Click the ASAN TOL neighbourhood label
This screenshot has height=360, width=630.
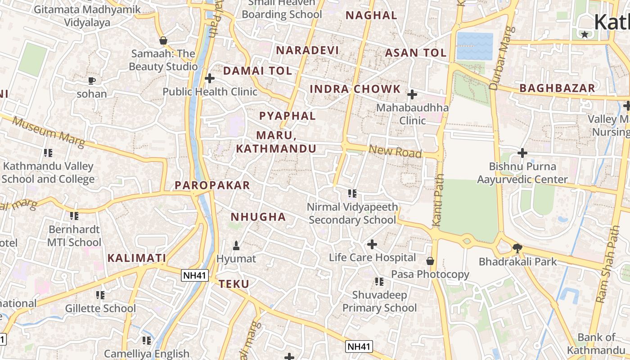tap(415, 53)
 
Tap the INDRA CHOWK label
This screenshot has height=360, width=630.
tap(355, 89)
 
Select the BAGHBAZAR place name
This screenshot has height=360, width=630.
tap(557, 88)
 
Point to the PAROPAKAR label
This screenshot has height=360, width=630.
tap(212, 185)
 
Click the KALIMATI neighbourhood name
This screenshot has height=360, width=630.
tap(137, 258)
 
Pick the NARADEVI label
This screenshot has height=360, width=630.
tap(307, 50)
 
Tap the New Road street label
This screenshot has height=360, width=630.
tap(395, 151)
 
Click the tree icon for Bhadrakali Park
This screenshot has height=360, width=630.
tap(517, 248)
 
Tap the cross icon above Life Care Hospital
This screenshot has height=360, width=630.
tap(372, 244)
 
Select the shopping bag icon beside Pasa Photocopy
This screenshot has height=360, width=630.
tap(430, 261)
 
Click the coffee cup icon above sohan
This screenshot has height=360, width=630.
tap(92, 81)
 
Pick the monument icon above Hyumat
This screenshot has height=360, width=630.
tap(236, 246)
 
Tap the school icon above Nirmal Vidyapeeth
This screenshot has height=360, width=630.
tap(352, 193)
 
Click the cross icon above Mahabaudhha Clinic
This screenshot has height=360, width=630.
tap(412, 94)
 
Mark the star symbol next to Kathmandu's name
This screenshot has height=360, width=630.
tap(585, 34)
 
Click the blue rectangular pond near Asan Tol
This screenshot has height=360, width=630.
tap(475, 46)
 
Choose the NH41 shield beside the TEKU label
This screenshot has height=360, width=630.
tap(195, 275)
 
